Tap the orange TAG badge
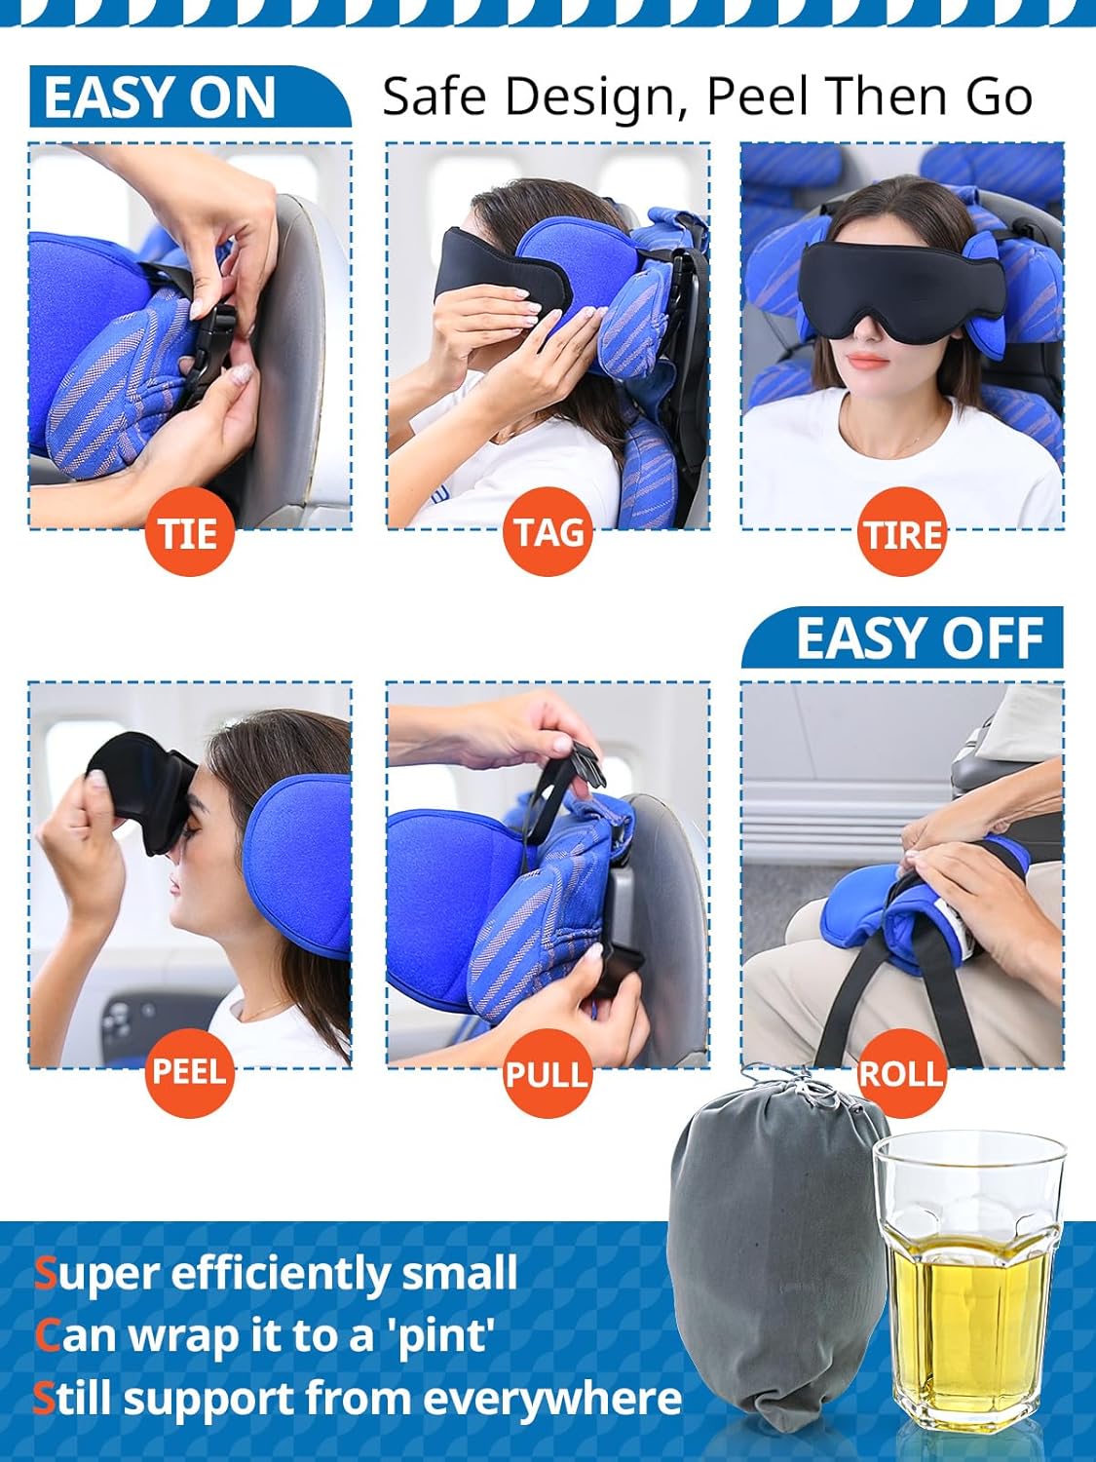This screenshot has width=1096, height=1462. coord(548,532)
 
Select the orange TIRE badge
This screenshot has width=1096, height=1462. coord(903,533)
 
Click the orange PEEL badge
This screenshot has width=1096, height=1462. coord(189,1072)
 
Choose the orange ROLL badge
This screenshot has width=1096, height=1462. coord(901,1072)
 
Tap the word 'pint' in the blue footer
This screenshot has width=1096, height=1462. coord(443,1335)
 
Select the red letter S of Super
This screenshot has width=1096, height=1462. coord(45,1274)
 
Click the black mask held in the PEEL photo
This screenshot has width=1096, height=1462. coord(136,789)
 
